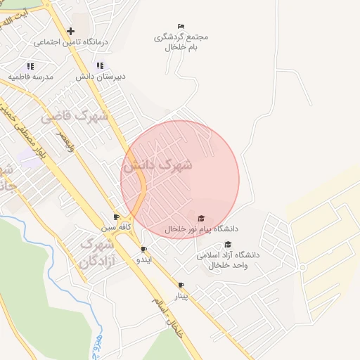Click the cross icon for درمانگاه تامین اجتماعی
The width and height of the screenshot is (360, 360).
pyautogui.click(x=70, y=31)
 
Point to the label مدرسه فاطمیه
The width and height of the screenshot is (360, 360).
pyautogui.click(x=30, y=75)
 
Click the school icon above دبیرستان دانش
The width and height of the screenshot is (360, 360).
pyautogui.click(x=100, y=65)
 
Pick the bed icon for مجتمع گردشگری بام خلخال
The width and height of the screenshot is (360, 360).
pyautogui.click(x=181, y=26)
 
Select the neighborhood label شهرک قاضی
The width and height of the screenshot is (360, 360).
pyautogui.click(x=74, y=116)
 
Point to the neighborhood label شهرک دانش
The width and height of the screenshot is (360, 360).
pyautogui.click(x=157, y=166)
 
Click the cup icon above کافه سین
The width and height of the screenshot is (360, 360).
pyautogui.click(x=116, y=217)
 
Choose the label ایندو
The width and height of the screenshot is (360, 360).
pyautogui.click(x=143, y=259)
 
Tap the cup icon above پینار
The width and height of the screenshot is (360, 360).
pyautogui.click(x=181, y=285)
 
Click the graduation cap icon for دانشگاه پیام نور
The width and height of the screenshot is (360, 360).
pyautogui.click(x=202, y=218)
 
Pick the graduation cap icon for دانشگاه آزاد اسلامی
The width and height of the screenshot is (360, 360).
pyautogui.click(x=228, y=244)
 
